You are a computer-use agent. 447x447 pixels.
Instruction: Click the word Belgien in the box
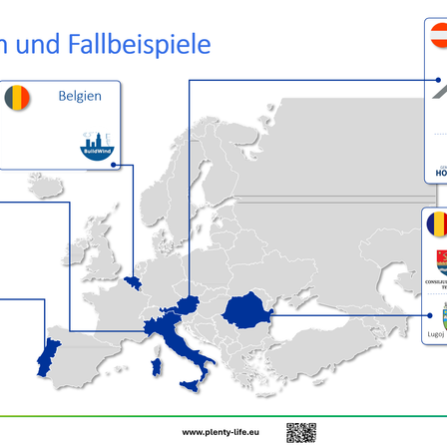(79, 96)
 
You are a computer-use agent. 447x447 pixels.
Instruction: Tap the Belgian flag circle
(17, 98)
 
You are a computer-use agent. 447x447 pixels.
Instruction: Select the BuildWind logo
(97, 147)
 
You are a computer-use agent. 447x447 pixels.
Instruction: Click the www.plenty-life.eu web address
(221, 432)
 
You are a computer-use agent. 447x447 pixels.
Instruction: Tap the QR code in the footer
(300, 432)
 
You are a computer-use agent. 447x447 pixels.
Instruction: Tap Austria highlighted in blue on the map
(184, 305)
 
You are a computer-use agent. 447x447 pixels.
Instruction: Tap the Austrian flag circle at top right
(440, 37)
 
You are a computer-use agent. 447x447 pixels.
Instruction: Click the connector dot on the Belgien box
(116, 165)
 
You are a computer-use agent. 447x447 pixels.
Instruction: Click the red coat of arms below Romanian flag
(440, 261)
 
